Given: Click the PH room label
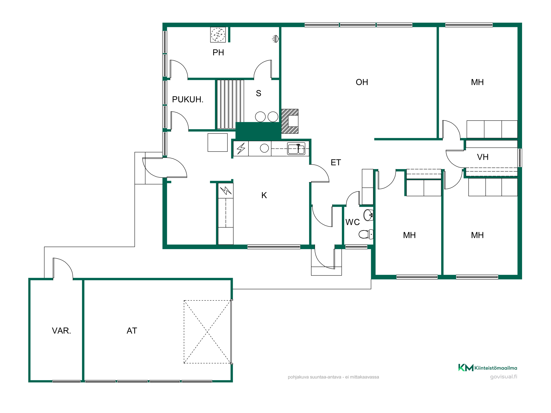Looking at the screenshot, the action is tap(218, 53).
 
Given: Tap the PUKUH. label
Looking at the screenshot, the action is tap(188, 99).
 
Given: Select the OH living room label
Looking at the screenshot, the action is tap(362, 82).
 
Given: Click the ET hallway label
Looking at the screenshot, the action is tap(336, 162).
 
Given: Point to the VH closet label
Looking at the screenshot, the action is tap(483, 157).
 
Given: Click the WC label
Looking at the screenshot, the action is tap(352, 222).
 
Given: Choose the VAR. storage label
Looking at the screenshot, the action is tap(61, 331).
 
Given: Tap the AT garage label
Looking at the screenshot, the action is tap(132, 331).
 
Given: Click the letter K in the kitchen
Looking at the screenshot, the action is tap(264, 195).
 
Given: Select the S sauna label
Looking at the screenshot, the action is tap(258, 93).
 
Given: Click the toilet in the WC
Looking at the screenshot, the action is tap(366, 234).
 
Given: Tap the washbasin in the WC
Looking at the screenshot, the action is tap(368, 215).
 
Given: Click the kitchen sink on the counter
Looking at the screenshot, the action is tap(296, 149).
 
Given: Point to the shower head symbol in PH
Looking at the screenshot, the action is tap(275, 39).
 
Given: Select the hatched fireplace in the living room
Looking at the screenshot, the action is tap(290, 121).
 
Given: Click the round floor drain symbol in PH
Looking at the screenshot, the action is tap(218, 35).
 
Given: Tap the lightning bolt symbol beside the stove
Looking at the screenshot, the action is tap(241, 149).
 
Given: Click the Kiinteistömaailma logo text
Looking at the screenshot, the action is tap(496, 368).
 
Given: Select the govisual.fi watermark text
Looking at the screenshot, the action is tap(503, 377).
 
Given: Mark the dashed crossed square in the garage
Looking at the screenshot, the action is tap(207, 332).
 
